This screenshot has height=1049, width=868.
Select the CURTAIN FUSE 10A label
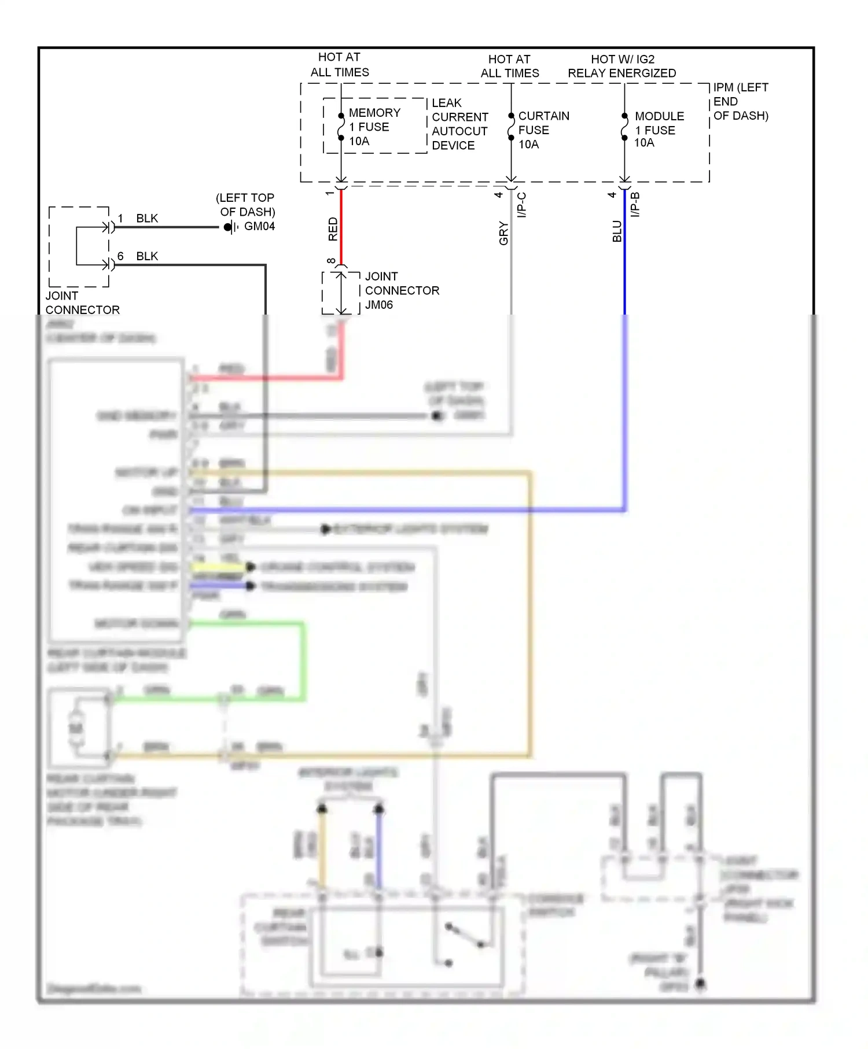tap(543, 130)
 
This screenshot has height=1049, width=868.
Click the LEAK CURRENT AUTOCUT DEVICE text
tap(459, 124)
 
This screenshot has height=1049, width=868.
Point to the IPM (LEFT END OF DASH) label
tap(740, 101)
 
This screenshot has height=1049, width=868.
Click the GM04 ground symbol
tap(230, 227)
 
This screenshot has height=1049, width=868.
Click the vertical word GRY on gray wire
tap(503, 233)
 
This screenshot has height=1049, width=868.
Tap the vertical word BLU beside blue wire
tap(617, 231)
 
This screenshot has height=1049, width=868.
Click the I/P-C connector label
tap(521, 205)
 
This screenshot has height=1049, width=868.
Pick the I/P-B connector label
tap(635, 205)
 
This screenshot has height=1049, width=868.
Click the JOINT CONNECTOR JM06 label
tap(402, 290)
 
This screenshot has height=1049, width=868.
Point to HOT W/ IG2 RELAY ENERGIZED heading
tap(621, 66)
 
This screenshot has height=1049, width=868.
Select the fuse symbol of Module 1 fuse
tap(624, 127)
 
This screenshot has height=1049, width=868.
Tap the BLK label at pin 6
tap(147, 256)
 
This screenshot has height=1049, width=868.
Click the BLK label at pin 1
tap(147, 219)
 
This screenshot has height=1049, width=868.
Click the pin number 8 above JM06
tap(331, 261)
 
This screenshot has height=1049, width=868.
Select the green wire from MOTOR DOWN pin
tap(303, 659)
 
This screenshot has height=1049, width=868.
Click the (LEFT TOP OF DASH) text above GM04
tap(247, 205)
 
